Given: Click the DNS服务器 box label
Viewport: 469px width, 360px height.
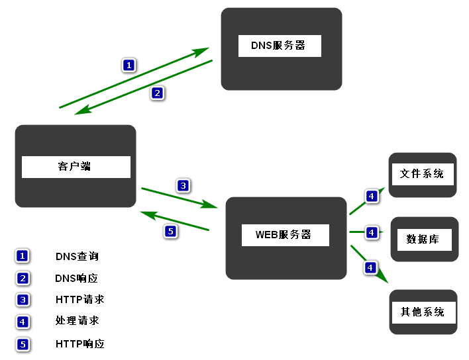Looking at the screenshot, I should pos(279,46).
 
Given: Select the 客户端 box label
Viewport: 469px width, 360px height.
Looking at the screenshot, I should pos(76,167).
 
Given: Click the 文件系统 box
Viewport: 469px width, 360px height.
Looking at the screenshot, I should pos(422,174).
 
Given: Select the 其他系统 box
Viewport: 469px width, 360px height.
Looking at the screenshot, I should pos(423,312).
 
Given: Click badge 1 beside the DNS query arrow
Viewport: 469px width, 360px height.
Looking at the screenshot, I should pos(129,65).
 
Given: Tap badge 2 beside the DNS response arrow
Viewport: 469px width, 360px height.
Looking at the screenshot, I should pos(157,93).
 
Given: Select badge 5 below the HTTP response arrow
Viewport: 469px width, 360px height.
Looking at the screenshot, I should pos(170,231).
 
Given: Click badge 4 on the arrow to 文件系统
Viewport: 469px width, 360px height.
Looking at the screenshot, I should pos(372,196).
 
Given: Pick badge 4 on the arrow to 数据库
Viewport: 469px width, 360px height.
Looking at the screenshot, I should pos(372,232).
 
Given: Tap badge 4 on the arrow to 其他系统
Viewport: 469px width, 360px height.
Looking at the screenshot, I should pos(370,267).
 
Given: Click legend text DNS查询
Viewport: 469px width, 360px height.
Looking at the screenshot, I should pos(77,256).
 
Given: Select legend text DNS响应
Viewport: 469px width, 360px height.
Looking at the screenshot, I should pos(77,278).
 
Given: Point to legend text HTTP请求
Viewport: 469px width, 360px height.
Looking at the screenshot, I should pos(79,299).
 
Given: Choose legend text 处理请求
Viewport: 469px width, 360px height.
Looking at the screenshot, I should pos(77,320).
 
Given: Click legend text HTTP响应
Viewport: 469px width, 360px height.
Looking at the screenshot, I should pos(79,343).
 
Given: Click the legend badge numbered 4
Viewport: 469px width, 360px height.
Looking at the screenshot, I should pos(23,322).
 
